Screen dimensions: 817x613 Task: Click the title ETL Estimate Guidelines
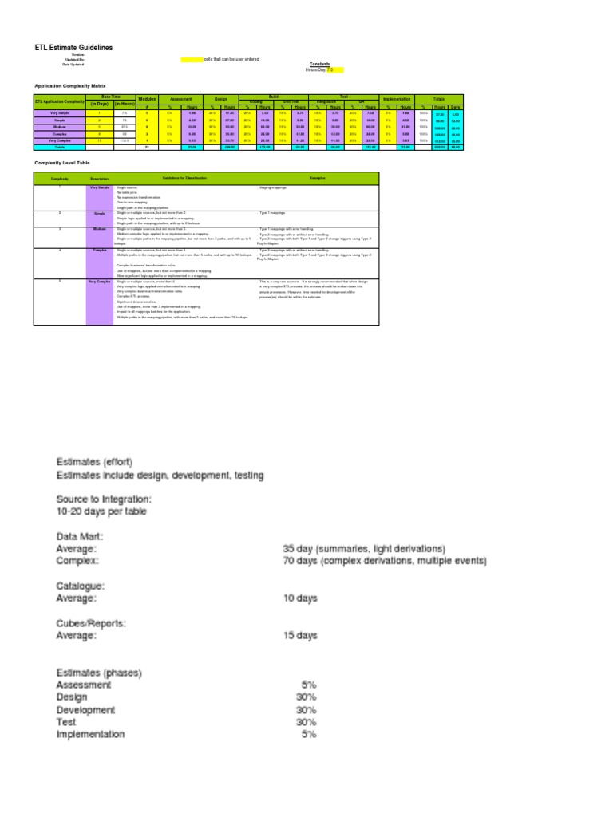coord(73,48)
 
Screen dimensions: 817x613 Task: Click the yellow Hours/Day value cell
coord(335,70)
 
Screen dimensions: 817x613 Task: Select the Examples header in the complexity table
coord(318,177)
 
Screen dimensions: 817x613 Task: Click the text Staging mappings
coord(271,188)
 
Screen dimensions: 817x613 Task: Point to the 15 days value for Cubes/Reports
coord(300,636)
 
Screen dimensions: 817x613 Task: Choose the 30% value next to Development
coord(306,710)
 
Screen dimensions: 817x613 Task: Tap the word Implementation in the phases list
coord(90,734)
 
